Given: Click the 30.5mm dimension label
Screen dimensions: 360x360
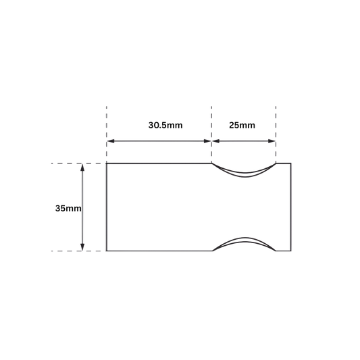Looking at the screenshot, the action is [x=165, y=126].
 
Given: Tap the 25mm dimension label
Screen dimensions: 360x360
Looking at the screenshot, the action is [x=242, y=126].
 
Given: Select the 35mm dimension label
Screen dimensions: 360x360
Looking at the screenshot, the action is [x=68, y=209].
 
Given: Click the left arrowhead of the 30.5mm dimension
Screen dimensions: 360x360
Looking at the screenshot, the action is [x=111, y=141].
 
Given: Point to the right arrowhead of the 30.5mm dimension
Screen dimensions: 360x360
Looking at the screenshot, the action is [x=207, y=141].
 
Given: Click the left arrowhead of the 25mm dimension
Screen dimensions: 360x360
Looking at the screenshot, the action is [x=216, y=141].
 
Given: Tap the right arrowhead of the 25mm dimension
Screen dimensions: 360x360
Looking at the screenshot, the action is [x=272, y=141].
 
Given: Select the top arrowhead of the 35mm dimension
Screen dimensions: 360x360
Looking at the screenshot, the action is [x=82, y=168].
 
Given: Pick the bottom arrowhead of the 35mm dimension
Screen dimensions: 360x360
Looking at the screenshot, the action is [x=82, y=247].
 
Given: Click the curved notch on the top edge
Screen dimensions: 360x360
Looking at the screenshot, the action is [x=245, y=175].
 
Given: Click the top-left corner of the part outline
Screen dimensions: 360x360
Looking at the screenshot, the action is [x=107, y=163].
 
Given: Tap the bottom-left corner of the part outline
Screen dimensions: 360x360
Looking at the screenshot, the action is [x=107, y=251].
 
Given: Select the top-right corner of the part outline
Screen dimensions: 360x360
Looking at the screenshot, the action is [x=291, y=163].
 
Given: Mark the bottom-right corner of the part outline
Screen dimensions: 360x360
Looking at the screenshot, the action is [x=291, y=251].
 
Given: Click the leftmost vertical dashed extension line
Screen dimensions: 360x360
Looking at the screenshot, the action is [x=107, y=134].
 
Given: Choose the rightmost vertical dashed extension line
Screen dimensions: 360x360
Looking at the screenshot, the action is [x=276, y=134].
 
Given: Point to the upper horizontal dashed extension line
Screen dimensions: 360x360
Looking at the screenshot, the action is [x=77, y=163].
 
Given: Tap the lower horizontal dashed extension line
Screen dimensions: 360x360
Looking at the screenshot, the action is [x=77, y=251].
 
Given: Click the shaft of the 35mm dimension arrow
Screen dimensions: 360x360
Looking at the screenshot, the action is [x=82, y=207].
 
